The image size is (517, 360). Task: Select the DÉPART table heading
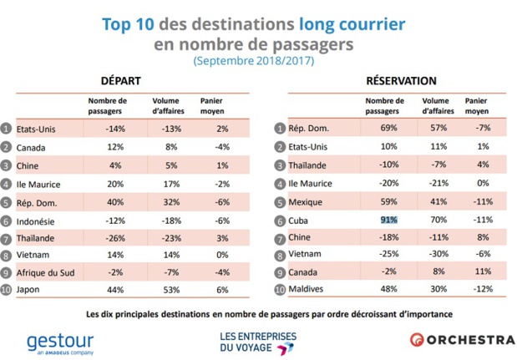pyautogui.click(x=121, y=81)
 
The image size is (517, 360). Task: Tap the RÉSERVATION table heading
pyautogui.click(x=401, y=81)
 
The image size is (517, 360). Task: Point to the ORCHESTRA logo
pyautogui.click(x=461, y=340)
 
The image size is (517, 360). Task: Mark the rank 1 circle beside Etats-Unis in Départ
pyautogui.click(x=7, y=128)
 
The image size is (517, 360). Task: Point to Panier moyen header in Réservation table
pyautogui.click(x=477, y=104)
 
